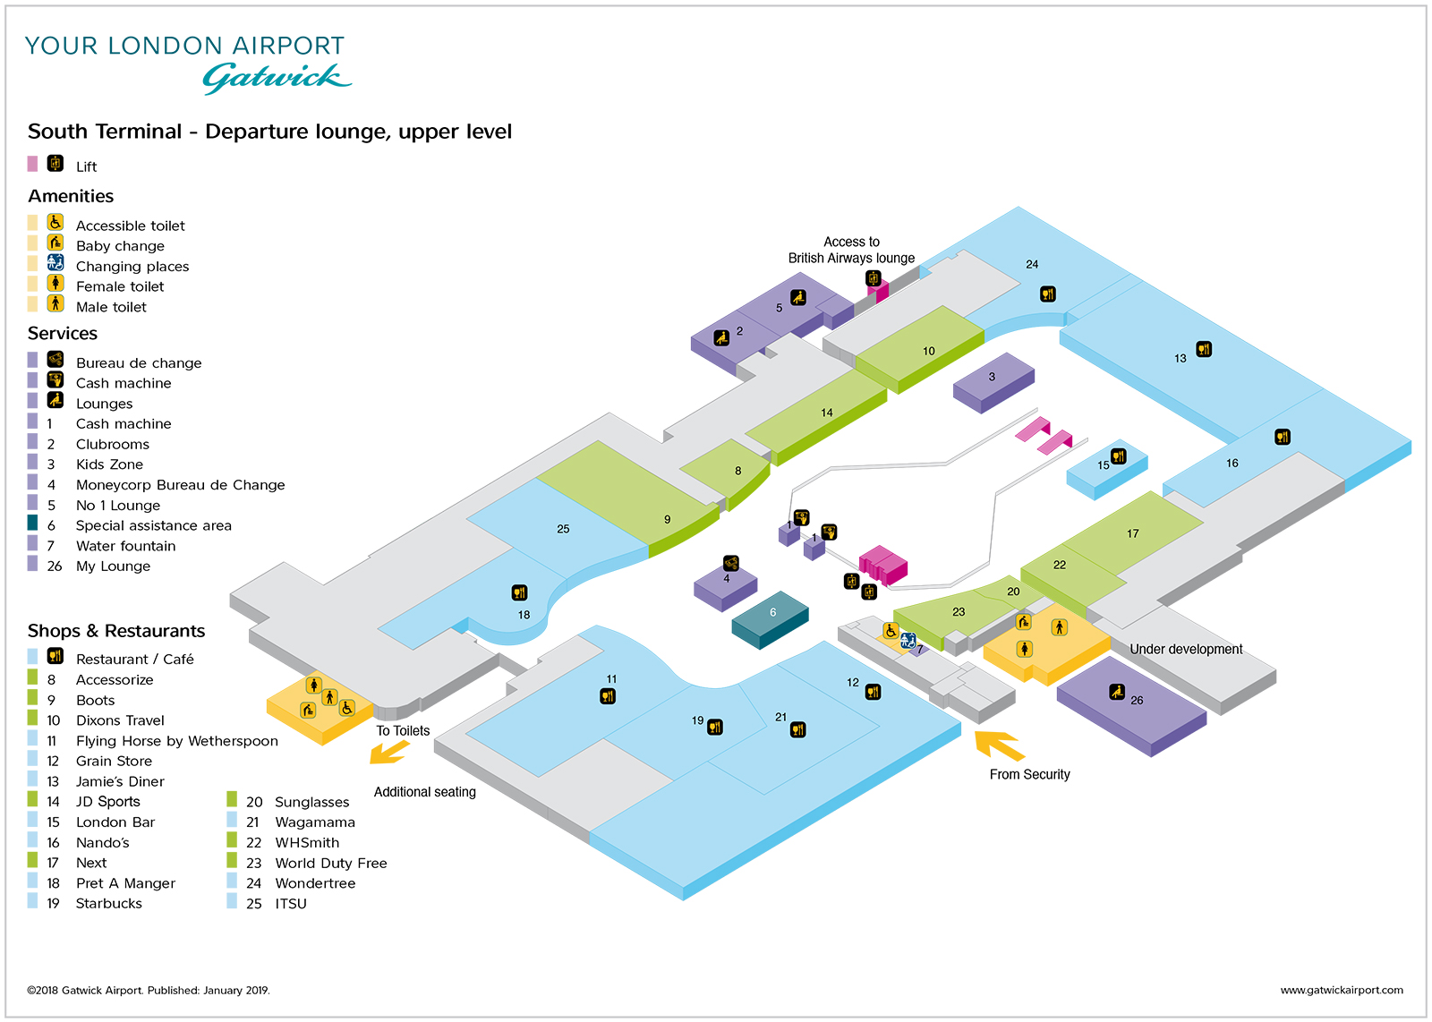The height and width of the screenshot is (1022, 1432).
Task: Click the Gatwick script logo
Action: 277,78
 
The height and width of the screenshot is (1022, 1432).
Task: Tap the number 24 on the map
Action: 1032,265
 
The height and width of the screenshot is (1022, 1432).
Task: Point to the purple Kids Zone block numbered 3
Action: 993,380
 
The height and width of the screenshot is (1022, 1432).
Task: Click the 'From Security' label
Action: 1029,775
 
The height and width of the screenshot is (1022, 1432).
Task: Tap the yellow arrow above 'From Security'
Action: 999,745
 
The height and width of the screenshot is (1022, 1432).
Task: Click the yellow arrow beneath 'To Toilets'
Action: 388,753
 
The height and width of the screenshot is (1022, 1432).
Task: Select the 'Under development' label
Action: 1186,650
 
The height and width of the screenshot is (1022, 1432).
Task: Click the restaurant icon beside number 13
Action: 1204,349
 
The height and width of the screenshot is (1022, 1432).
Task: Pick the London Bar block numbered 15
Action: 1106,470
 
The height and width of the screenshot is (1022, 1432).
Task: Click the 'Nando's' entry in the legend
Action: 102,843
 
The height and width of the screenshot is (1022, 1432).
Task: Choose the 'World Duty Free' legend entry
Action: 330,864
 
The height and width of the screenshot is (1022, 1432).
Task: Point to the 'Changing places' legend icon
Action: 55,263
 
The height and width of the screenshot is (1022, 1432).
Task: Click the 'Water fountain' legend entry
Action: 125,546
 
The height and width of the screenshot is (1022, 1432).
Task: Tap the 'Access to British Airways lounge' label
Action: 851,251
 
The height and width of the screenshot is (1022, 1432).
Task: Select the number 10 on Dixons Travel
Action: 929,352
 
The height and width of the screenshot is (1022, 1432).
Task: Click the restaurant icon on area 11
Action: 608,696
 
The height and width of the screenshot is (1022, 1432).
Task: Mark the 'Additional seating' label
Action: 425,792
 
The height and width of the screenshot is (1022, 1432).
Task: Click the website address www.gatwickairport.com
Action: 1341,990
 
